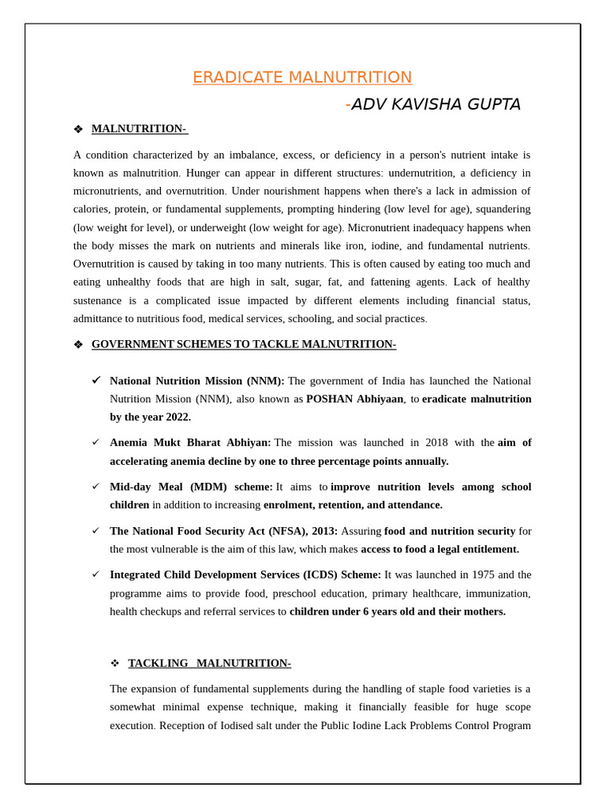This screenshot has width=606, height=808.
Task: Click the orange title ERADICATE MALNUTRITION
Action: click(302, 77)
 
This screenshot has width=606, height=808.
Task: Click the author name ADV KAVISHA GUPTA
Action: click(436, 104)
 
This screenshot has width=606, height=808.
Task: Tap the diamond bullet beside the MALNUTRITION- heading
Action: click(78, 129)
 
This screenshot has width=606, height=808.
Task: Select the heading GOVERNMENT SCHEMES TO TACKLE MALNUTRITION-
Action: click(244, 344)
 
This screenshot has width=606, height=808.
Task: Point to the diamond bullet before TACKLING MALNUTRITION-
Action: click(114, 664)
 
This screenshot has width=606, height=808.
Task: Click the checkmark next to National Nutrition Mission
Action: click(96, 380)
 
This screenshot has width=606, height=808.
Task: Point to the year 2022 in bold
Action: click(178, 417)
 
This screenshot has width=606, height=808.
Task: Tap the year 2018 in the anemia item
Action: click(436, 443)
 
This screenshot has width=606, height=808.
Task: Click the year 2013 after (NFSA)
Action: click(324, 531)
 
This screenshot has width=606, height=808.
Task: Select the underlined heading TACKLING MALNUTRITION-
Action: click(209, 664)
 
